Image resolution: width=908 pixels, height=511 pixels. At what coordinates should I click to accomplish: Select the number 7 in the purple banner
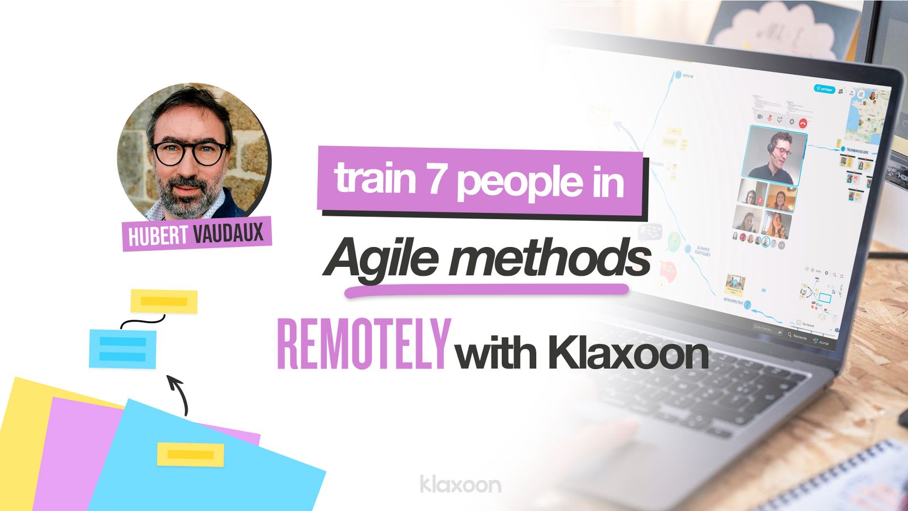click(x=436, y=179)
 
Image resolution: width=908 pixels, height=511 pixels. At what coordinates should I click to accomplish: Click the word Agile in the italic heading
click(x=383, y=258)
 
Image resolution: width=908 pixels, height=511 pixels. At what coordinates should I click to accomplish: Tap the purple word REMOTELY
click(x=363, y=345)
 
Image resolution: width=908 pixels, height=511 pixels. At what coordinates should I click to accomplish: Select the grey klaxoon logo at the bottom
click(x=460, y=484)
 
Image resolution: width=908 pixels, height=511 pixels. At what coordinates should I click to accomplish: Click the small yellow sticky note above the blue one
click(x=164, y=301)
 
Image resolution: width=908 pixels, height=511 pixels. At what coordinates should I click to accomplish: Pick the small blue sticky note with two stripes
click(x=123, y=349)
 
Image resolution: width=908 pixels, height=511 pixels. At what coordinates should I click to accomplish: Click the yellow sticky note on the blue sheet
click(x=190, y=455)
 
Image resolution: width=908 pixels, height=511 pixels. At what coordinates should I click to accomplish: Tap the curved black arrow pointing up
click(x=180, y=394)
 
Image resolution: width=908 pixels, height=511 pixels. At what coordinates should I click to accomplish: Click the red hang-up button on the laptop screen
click(x=802, y=123)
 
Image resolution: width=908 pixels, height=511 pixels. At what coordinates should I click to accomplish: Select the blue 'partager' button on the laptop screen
click(x=825, y=89)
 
